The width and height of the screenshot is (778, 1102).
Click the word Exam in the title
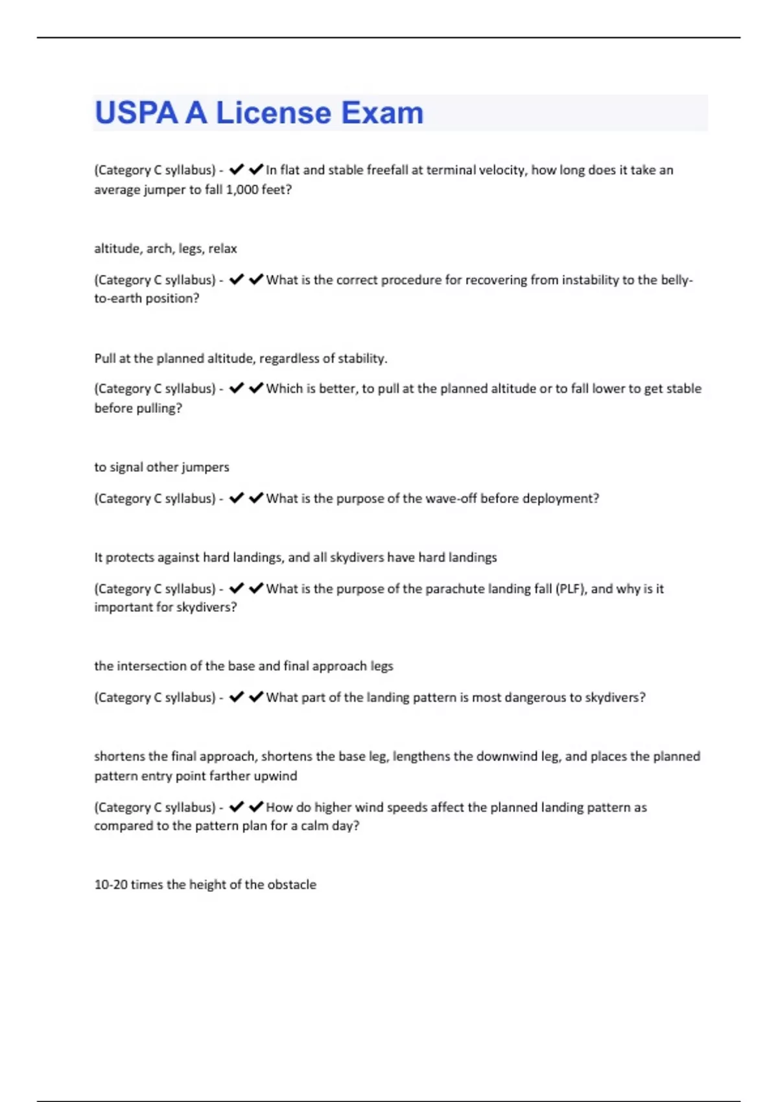[382, 113]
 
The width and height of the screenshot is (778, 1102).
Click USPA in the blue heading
[136, 113]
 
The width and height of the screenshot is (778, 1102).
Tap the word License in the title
[274, 113]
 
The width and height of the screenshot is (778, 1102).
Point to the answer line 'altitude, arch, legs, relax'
[165, 248]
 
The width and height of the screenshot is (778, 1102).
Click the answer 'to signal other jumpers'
[161, 467]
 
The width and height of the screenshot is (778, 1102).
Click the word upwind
[279, 775]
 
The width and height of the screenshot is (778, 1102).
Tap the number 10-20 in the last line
[110, 884]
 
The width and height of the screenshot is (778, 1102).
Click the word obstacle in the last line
[292, 884]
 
